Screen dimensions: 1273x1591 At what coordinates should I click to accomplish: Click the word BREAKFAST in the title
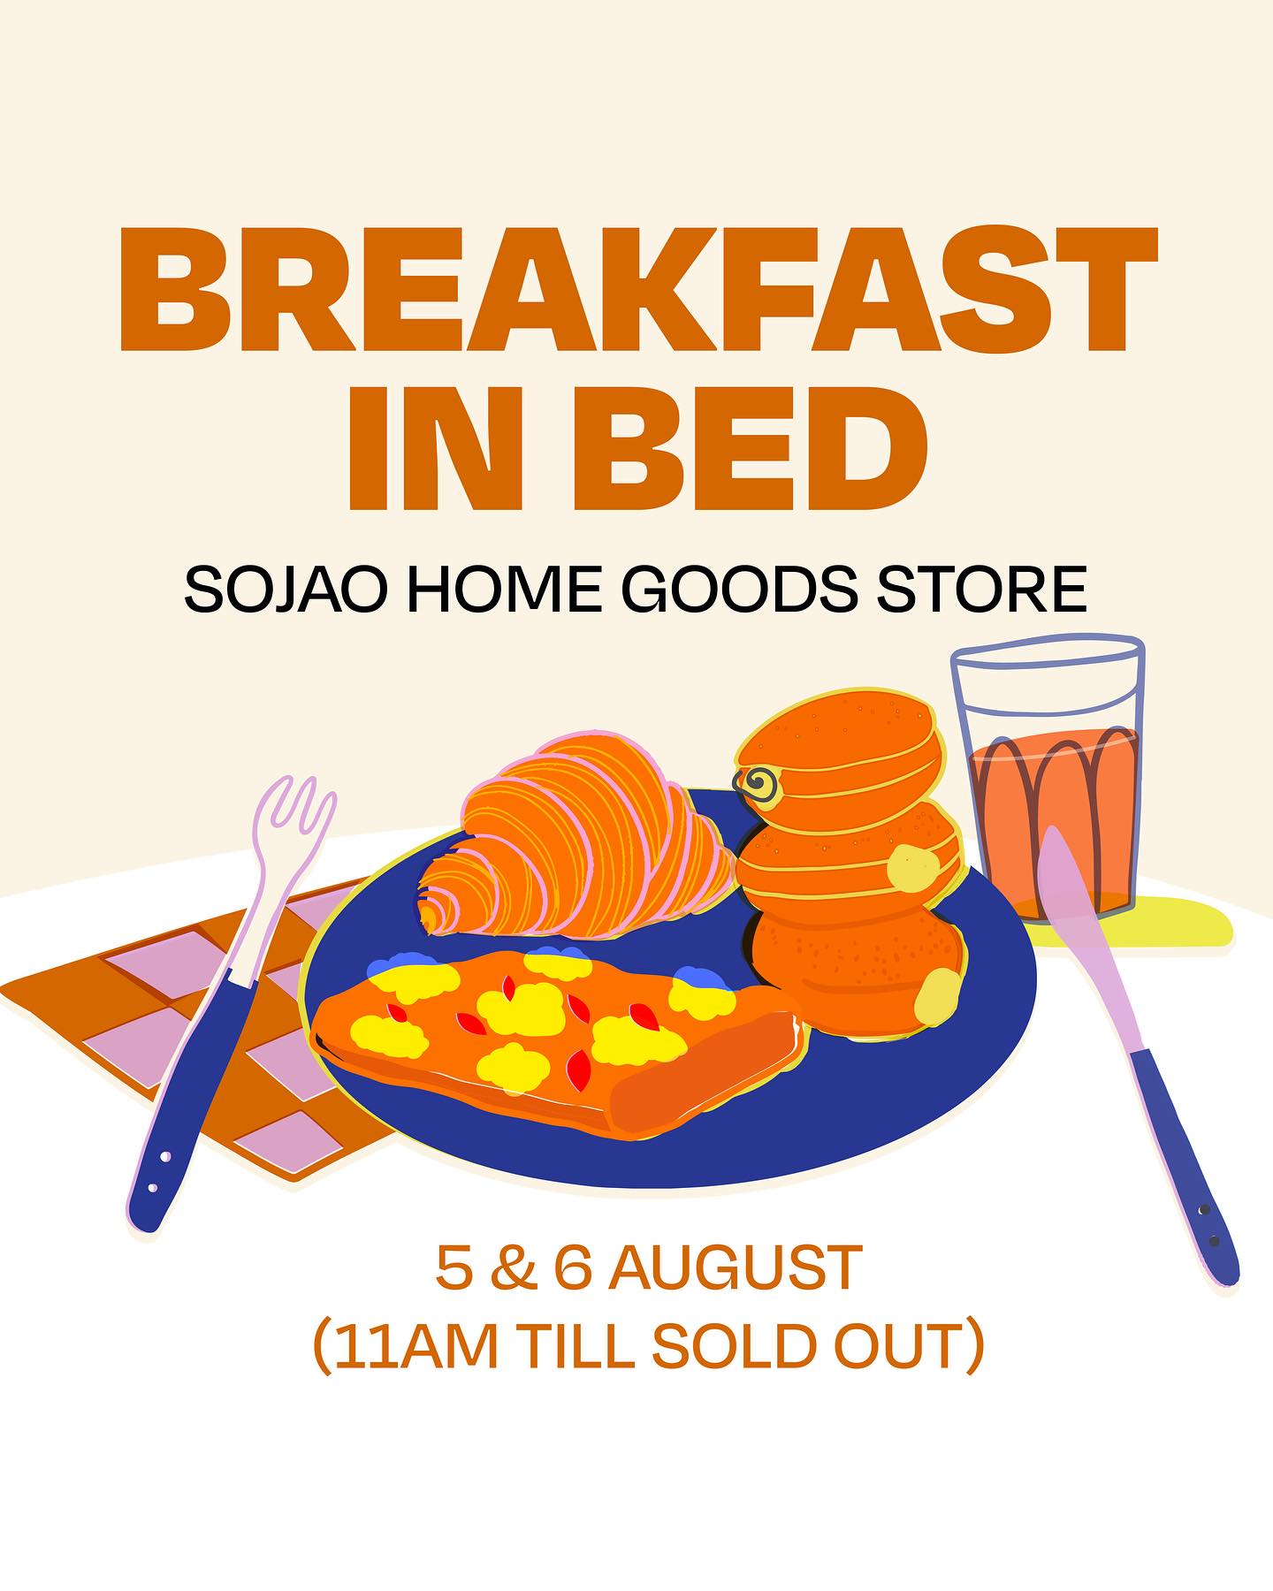click(x=638, y=289)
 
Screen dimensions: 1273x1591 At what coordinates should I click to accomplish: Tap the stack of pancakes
click(x=849, y=866)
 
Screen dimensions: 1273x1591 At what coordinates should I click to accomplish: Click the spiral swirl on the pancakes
click(x=758, y=783)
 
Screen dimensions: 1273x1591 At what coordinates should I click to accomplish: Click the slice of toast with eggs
click(x=557, y=1043)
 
